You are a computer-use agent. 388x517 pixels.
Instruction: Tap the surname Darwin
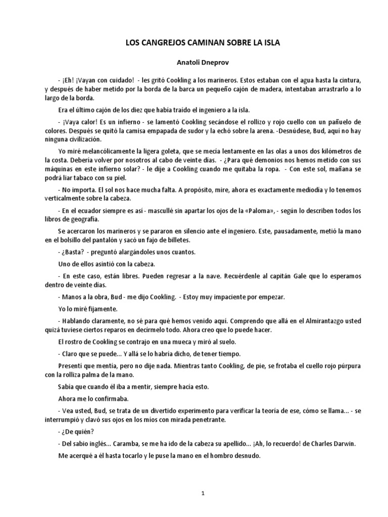click(x=344, y=444)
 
